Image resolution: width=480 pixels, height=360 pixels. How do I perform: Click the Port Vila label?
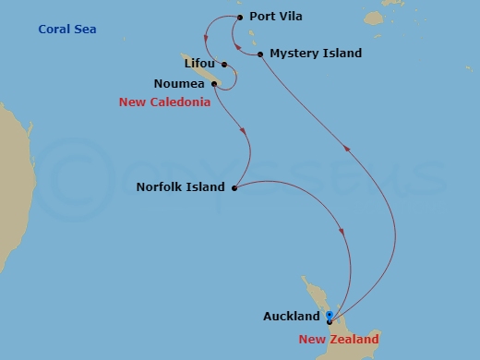pyautogui.click(x=276, y=17)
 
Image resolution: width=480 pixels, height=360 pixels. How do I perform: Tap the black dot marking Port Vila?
pyautogui.click(x=240, y=17)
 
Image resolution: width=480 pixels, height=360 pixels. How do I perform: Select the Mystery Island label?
pyautogui.click(x=317, y=54)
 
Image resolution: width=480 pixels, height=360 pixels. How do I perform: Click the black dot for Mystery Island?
pyautogui.click(x=261, y=54)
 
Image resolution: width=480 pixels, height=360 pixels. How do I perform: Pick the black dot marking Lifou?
pyautogui.click(x=225, y=66)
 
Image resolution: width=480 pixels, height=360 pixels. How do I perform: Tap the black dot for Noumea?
pyautogui.click(x=214, y=84)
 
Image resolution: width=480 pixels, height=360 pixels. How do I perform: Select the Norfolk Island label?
pyautogui.click(x=180, y=187)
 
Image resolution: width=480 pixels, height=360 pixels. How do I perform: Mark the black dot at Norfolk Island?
pyautogui.click(x=234, y=188)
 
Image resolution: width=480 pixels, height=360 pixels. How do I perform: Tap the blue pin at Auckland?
pyautogui.click(x=330, y=316)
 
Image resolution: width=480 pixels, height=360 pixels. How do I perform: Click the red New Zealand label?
pyautogui.click(x=338, y=340)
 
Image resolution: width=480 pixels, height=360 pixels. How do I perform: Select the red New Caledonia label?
pyautogui.click(x=164, y=102)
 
